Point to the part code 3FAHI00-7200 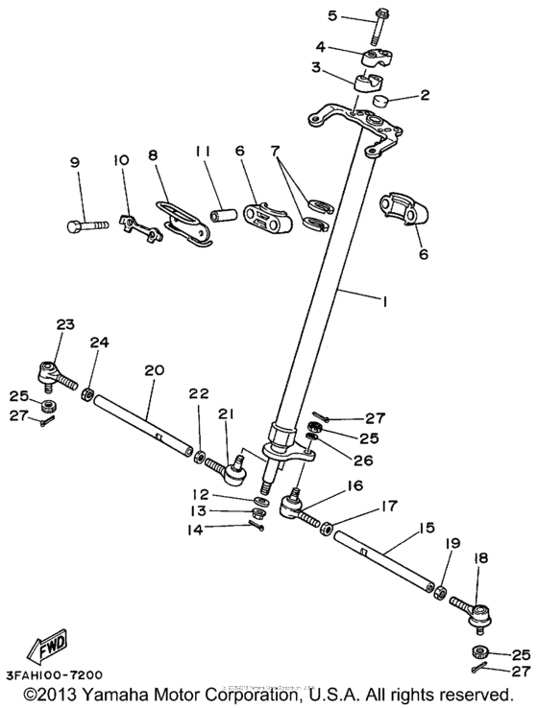[52, 675]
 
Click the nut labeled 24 [86, 392]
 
